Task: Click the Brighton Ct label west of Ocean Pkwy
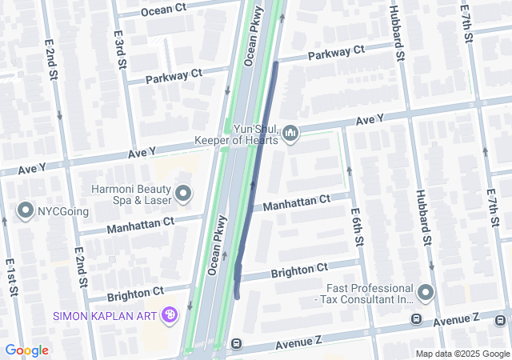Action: pos(135,292)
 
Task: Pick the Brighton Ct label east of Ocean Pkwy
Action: pos(299,269)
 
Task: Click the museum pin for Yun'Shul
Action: pos(290,132)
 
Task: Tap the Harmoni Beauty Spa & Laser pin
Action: pos(183,193)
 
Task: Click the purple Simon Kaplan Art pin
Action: pos(170,315)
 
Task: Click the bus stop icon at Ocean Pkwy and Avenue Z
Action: pos(236,344)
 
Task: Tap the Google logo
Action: pos(26,350)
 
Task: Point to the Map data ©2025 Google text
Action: pos(462,354)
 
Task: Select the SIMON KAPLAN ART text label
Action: pos(105,315)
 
